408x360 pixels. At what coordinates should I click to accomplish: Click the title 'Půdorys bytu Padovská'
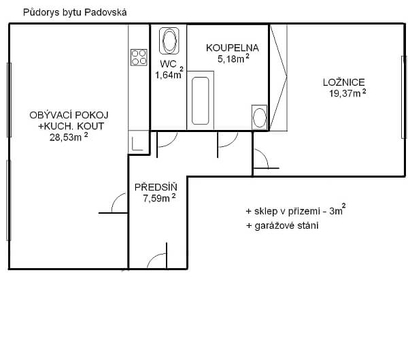75,12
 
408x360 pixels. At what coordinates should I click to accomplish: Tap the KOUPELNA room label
233,48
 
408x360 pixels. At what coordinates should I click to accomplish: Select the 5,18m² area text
233,59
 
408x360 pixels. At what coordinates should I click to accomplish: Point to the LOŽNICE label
343,82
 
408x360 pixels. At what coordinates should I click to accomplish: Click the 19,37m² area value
347,93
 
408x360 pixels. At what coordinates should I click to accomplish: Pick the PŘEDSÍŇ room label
156,187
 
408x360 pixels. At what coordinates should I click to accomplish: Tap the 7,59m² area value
159,198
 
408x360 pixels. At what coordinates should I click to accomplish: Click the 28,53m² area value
69,137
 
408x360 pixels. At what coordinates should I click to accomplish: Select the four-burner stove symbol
139,57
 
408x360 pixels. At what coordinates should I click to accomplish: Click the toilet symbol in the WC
169,41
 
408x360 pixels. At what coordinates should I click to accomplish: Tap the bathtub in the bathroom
201,101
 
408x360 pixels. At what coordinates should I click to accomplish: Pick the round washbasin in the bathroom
260,118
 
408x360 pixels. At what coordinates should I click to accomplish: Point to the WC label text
168,64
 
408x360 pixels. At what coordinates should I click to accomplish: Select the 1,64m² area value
169,73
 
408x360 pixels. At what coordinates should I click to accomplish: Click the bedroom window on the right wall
403,97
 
